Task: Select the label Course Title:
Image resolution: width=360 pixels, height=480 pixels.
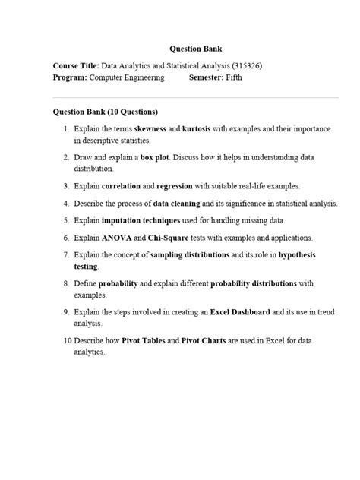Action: coord(76,65)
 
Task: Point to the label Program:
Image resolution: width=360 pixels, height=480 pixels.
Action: coord(71,77)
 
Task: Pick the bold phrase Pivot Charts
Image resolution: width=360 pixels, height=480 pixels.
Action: coord(208,341)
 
